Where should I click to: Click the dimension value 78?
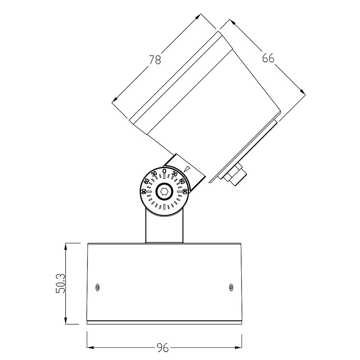(155, 60)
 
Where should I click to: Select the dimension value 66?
(268, 58)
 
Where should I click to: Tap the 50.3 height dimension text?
(60, 283)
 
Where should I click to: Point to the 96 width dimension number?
(163, 348)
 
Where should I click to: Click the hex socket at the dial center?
(164, 191)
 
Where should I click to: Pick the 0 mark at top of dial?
(164, 171)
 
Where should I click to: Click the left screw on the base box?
(97, 287)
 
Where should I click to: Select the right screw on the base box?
(231, 287)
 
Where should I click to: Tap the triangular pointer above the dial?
(187, 169)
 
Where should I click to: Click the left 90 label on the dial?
(144, 191)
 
